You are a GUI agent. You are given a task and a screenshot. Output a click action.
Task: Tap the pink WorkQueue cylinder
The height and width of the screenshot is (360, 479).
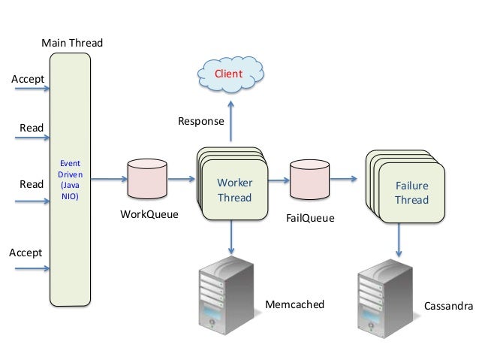(148, 180)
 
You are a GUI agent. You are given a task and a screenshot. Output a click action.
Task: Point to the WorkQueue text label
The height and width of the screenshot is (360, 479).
(149, 214)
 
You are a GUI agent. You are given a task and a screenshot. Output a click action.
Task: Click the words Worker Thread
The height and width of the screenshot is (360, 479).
(234, 190)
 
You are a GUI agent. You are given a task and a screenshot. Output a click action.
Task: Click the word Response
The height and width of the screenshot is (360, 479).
(200, 120)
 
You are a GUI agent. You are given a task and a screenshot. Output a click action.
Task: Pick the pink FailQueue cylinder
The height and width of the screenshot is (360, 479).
(309, 180)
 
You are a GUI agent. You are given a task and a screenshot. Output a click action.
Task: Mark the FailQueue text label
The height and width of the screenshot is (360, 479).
(310, 219)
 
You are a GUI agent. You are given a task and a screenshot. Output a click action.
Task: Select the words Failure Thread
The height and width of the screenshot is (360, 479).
(411, 192)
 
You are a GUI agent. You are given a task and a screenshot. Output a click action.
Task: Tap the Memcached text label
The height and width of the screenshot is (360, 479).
(295, 304)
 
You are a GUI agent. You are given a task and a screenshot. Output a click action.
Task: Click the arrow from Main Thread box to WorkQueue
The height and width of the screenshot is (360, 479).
(110, 179)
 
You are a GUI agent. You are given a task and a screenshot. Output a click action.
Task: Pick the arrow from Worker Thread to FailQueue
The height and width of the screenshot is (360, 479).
(278, 180)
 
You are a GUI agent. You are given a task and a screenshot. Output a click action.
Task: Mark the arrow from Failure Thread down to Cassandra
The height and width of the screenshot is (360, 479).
(399, 241)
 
